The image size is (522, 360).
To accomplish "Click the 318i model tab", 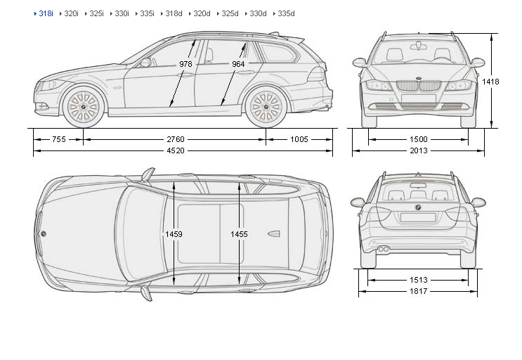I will pos(46,13).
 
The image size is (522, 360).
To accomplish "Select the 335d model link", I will pos(286,13).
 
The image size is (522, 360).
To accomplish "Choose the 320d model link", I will pos(202,13).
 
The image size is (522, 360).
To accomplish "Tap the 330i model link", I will pos(122,13).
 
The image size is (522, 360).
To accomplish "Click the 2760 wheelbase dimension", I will pos(176,139).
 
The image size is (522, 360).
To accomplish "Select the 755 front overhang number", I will pos(59,139).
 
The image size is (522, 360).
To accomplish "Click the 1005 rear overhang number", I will pos(299,139).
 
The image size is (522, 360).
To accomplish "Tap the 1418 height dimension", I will pos(491,82).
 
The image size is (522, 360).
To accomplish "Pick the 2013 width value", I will pos(419,150).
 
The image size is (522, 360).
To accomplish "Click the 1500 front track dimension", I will pos(419,139).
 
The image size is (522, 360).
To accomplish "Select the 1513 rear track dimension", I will pos(419,280).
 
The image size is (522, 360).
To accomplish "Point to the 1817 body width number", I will pos(419,291).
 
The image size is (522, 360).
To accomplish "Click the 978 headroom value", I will pos(185,64).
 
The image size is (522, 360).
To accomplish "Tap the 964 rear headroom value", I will pos(237,64).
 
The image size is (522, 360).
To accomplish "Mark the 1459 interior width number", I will pos(174,233).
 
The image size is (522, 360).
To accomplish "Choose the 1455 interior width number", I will pos(239,233).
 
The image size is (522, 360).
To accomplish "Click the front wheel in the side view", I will pos(83,106).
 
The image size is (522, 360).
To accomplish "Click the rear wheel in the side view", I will pos(266,106).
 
